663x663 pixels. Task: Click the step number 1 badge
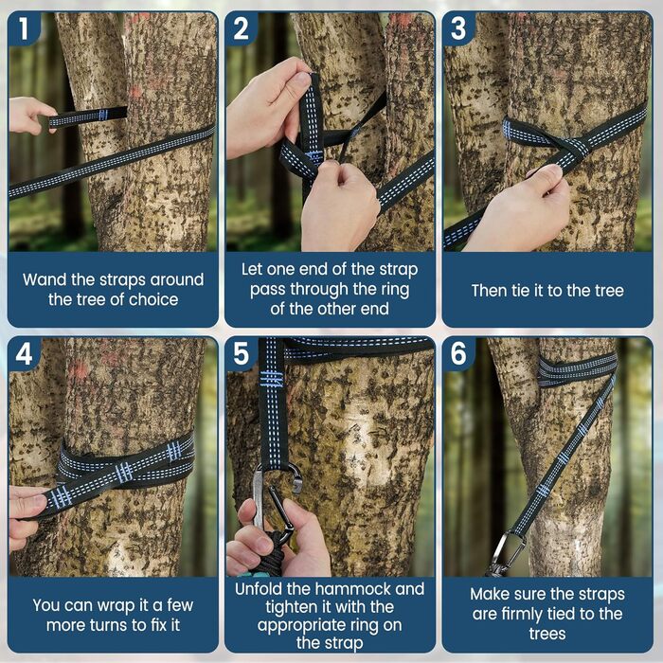click(24, 27)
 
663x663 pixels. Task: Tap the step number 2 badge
click(241, 27)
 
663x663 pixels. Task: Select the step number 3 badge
click(458, 27)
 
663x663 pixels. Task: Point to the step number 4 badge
click(24, 353)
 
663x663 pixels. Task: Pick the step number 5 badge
click(241, 353)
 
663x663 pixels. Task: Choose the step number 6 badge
click(458, 353)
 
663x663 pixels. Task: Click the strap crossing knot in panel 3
click(573, 149)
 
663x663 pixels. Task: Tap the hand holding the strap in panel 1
click(30, 116)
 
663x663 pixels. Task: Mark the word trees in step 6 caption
click(547, 634)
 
